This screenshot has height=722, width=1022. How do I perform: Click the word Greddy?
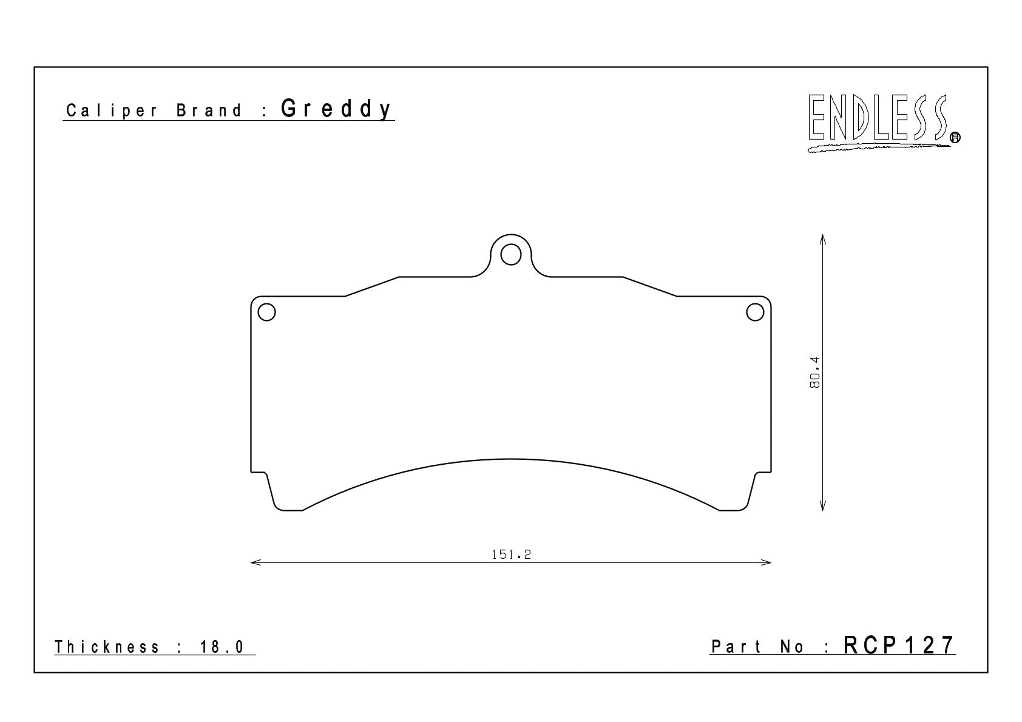336,109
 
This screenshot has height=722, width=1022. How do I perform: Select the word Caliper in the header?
112,111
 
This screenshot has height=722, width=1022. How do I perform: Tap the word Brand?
209,111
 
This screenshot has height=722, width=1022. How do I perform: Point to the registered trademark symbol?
955,137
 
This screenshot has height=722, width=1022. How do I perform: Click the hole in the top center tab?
510,254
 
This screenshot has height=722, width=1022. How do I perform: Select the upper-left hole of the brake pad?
266,312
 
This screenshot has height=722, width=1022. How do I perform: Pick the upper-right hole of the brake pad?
755,312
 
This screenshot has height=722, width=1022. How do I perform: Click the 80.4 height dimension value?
814,373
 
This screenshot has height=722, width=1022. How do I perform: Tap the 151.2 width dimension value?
511,555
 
